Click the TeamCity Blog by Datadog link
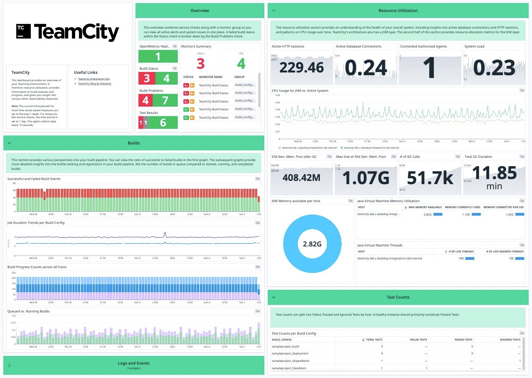coord(94,84)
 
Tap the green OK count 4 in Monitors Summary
coord(241,63)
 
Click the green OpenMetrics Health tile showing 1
coord(158,57)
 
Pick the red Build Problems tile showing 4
coord(146,100)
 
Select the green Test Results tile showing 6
coord(163,122)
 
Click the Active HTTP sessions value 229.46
coord(301,68)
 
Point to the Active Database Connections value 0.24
coord(366,68)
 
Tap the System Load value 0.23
coord(494,68)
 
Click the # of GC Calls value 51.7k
coord(430,178)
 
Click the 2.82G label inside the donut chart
coord(312,243)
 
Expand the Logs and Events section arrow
coord(9,365)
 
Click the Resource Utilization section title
coord(398,10)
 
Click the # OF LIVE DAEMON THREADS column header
coord(505,252)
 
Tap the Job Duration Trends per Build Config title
coord(36,222)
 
